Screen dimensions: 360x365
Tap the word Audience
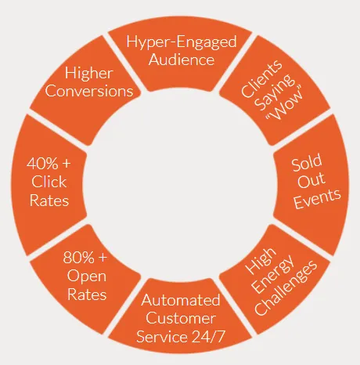(x=182, y=60)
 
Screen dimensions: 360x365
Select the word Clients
(x=261, y=78)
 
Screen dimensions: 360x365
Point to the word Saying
(x=274, y=92)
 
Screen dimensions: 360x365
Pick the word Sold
(x=307, y=163)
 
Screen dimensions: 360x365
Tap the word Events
(x=317, y=198)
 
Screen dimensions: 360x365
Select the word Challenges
(x=286, y=287)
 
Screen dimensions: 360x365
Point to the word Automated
(x=181, y=300)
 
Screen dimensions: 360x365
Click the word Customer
(x=181, y=318)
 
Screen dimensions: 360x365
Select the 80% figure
(x=78, y=257)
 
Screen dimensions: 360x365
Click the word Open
(x=87, y=276)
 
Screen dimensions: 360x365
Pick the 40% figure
(x=42, y=164)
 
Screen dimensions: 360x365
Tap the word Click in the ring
(x=49, y=182)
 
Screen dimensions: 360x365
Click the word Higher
(x=89, y=73)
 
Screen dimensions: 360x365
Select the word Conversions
(x=89, y=91)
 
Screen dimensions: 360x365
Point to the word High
(x=261, y=261)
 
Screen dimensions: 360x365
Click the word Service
(x=162, y=336)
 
